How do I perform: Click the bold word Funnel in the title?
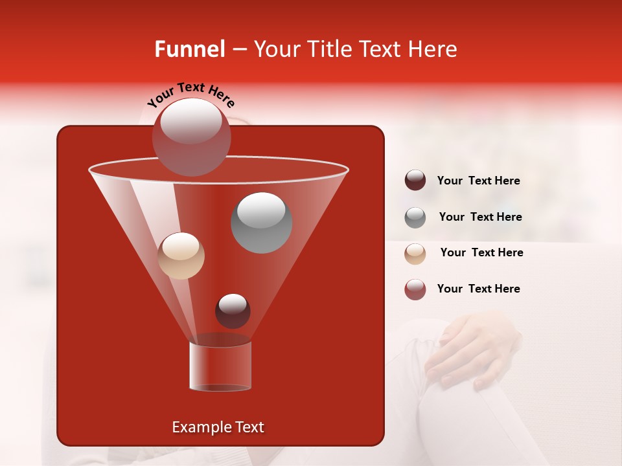click(189, 49)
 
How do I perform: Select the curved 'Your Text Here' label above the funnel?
click(191, 94)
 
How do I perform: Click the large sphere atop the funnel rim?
click(191, 137)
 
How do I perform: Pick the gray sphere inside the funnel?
click(261, 223)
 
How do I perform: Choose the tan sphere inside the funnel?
click(181, 256)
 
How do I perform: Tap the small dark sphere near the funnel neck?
click(233, 311)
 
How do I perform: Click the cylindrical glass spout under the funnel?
click(220, 366)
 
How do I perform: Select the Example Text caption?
click(218, 427)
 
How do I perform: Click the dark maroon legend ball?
click(415, 181)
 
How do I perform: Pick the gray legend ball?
click(415, 217)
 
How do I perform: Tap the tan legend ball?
click(415, 253)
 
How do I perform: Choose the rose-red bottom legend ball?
click(415, 289)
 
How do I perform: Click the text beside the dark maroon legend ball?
click(478, 181)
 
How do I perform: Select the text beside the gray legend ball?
click(480, 217)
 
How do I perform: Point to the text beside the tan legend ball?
click(481, 253)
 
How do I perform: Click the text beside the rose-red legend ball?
click(478, 289)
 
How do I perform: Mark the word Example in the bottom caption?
click(196, 427)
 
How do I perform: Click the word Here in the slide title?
click(433, 49)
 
